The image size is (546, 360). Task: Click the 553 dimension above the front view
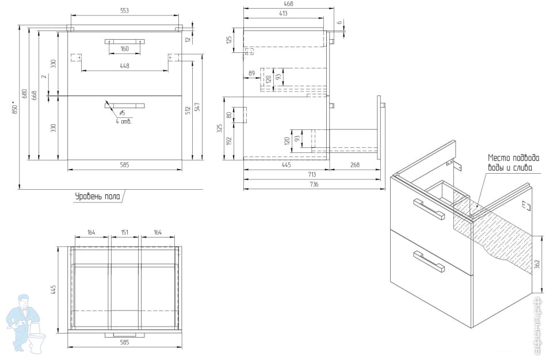[x=124, y=11]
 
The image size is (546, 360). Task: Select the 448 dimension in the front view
[x=124, y=66]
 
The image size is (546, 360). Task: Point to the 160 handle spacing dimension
[x=124, y=49]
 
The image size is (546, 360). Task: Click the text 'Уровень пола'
[x=97, y=196]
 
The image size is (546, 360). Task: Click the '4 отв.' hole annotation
[x=123, y=121]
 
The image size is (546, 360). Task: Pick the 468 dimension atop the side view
[x=288, y=4]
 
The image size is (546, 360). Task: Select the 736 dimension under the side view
[x=314, y=184]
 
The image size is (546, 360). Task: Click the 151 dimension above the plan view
[x=124, y=232]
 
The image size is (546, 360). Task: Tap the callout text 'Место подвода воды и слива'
[x=514, y=163]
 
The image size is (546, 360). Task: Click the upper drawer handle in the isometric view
[x=429, y=209]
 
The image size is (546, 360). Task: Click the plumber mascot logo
[x=26, y=323]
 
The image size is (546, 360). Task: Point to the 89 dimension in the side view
[x=251, y=73]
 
